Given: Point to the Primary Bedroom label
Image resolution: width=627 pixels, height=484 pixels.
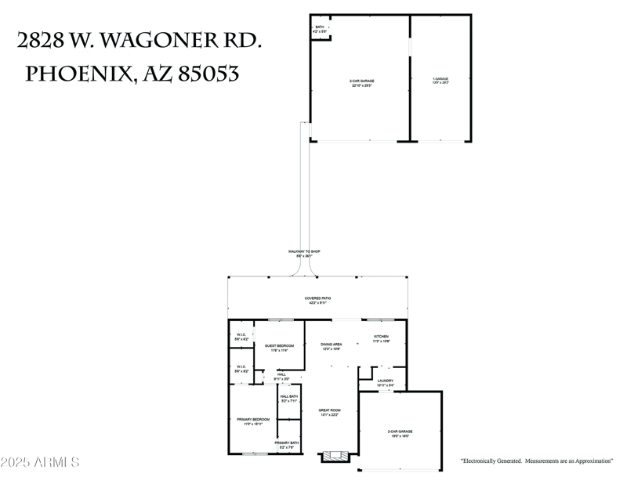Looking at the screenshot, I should [x=253, y=421].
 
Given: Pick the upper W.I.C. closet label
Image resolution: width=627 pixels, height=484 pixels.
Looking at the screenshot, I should [x=241, y=338].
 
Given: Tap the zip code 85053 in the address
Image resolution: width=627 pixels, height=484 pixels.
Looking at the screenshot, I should [x=209, y=74].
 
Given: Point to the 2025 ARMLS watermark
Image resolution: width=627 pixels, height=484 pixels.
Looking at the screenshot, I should [x=40, y=462].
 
